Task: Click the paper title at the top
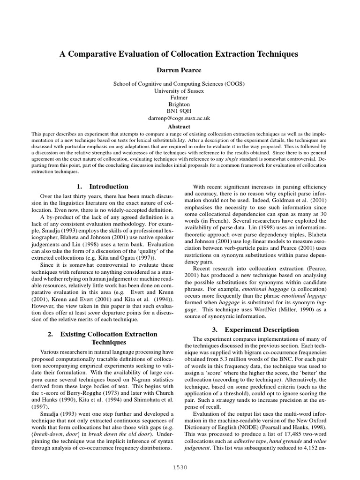pos(179,54)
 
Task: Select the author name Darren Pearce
pos(179,70)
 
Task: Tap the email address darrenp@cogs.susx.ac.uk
pos(179,119)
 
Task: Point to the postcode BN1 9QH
pos(179,112)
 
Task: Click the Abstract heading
pos(179,127)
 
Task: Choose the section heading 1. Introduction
pos(102,186)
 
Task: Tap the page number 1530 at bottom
pos(180,467)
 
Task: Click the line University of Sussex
pos(179,91)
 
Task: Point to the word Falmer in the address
pos(179,97)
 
